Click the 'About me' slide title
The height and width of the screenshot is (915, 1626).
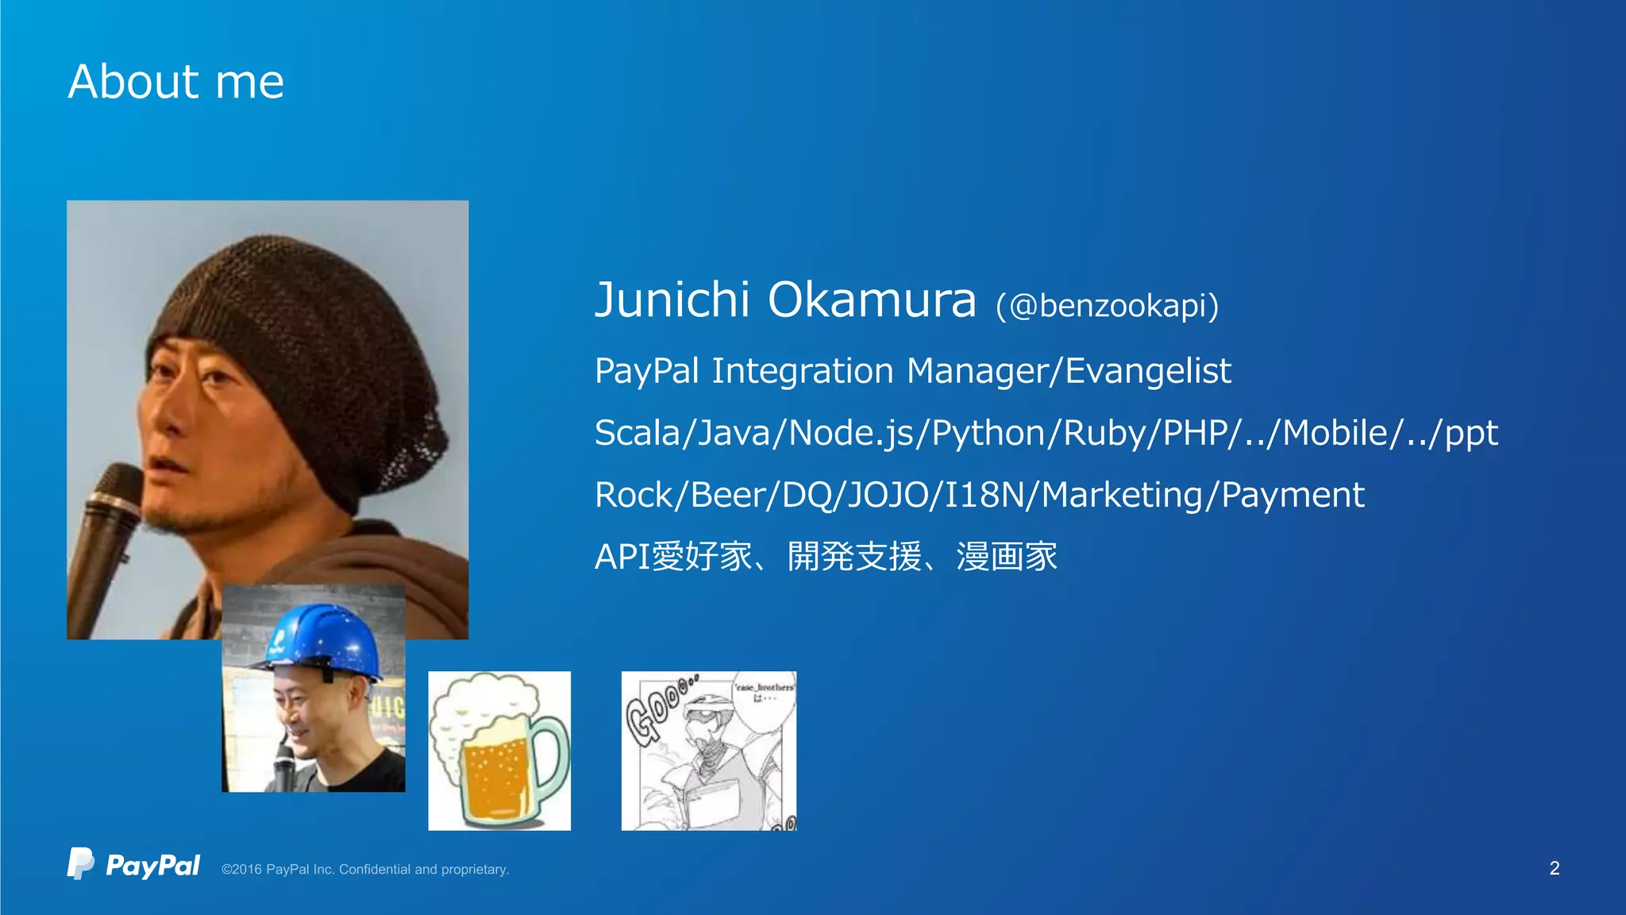(x=175, y=82)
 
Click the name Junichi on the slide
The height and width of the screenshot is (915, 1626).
(x=672, y=300)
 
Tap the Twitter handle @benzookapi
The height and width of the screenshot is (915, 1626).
(x=1107, y=306)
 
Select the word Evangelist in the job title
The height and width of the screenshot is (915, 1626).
(x=1147, y=371)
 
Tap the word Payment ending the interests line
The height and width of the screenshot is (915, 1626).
(x=1292, y=495)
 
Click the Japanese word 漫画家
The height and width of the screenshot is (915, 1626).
(x=1006, y=556)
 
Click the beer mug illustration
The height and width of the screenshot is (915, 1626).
(x=499, y=751)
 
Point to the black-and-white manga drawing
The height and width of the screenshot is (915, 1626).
(x=708, y=751)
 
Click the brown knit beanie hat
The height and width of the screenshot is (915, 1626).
(x=302, y=349)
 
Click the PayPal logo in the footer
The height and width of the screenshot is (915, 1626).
(x=133, y=864)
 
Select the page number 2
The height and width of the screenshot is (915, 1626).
(x=1554, y=868)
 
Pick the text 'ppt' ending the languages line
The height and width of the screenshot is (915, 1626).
(x=1470, y=434)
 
